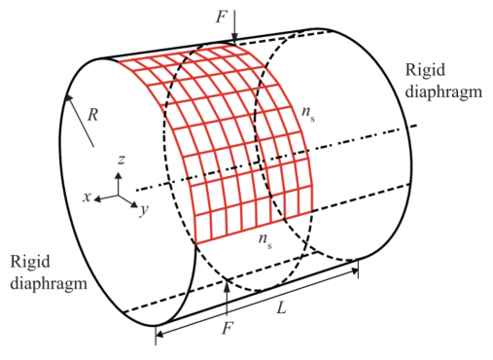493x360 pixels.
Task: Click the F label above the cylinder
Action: pyautogui.click(x=222, y=17)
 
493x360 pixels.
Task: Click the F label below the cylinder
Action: pyautogui.click(x=228, y=328)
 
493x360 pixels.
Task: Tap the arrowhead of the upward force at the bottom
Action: pyautogui.click(x=228, y=283)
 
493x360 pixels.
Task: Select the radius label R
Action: pyautogui.click(x=93, y=115)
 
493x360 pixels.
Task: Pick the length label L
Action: pyautogui.click(x=282, y=307)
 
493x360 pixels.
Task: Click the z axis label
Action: pyautogui.click(x=122, y=160)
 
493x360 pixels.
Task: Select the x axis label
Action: pyautogui.click(x=87, y=197)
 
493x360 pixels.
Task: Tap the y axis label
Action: pyautogui.click(x=144, y=210)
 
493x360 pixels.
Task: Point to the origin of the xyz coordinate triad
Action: pyautogui.click(x=118, y=196)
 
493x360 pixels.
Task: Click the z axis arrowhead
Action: pyautogui.click(x=119, y=175)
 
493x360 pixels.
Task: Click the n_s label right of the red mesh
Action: pyautogui.click(x=308, y=113)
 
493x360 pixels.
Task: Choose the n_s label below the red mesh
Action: pyautogui.click(x=265, y=241)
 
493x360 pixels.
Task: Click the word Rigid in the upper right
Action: pyautogui.click(x=425, y=70)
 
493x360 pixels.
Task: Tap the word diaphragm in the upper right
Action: pyautogui.click(x=443, y=92)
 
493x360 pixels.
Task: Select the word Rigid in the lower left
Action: pyautogui.click(x=30, y=262)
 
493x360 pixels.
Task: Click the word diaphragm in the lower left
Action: pyautogui.click(x=49, y=283)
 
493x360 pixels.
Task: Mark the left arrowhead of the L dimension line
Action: pyautogui.click(x=159, y=334)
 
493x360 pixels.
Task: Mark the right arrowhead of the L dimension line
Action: pyautogui.click(x=354, y=270)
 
